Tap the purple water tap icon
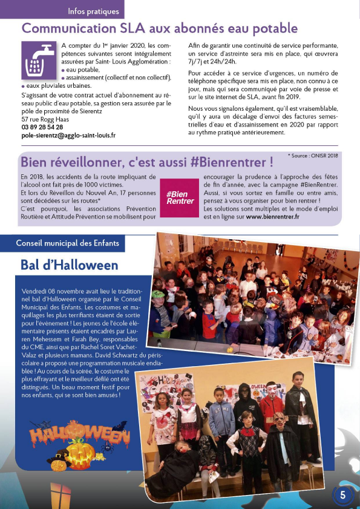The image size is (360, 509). point(38,61)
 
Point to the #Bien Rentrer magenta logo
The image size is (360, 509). point(180,197)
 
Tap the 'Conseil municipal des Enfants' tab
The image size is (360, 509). point(71,243)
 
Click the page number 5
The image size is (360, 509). point(342,494)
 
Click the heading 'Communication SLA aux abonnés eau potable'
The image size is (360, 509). point(160,28)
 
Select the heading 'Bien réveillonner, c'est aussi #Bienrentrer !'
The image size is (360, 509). point(146,162)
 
